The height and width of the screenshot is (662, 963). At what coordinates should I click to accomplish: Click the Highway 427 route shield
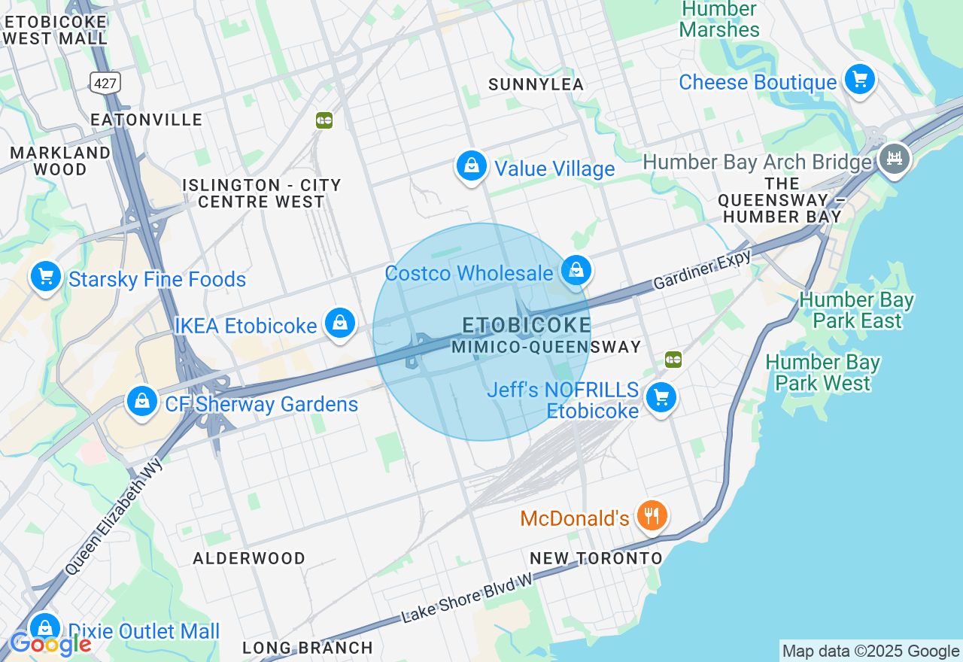[x=105, y=83]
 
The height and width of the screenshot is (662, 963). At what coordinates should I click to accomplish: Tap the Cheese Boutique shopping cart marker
[x=859, y=79]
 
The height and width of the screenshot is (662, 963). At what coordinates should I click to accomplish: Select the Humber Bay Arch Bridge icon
[x=895, y=159]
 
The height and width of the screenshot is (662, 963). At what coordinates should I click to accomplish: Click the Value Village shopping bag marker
[x=472, y=165]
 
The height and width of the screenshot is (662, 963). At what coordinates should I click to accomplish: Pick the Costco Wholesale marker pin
[x=576, y=270]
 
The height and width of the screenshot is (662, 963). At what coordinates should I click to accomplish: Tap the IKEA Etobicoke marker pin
[x=339, y=323]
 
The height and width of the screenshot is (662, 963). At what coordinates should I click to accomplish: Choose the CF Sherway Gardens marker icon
[x=142, y=401]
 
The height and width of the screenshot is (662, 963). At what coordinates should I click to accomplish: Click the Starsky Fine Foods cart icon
[x=46, y=276]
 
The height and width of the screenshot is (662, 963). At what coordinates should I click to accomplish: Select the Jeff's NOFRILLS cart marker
[x=661, y=397]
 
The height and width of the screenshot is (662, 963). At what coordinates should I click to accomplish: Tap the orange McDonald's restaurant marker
[x=652, y=516]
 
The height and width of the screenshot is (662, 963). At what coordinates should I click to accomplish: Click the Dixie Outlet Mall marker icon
[x=45, y=628]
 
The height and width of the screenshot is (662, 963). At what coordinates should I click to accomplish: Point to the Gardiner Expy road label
[x=702, y=270]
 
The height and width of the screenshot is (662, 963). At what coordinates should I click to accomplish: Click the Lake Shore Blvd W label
[x=467, y=598]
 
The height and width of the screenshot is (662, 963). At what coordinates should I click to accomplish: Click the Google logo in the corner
[x=50, y=644]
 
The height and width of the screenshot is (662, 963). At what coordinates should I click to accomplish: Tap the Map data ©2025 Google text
[x=870, y=651]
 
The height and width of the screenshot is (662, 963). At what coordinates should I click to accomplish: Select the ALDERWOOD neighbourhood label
[x=249, y=558]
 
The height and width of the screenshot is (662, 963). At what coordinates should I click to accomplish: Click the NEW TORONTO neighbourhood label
[x=596, y=558]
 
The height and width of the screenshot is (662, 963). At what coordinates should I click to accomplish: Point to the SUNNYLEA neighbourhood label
[x=536, y=85]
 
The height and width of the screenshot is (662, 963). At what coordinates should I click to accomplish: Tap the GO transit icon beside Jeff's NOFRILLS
[x=673, y=360]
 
